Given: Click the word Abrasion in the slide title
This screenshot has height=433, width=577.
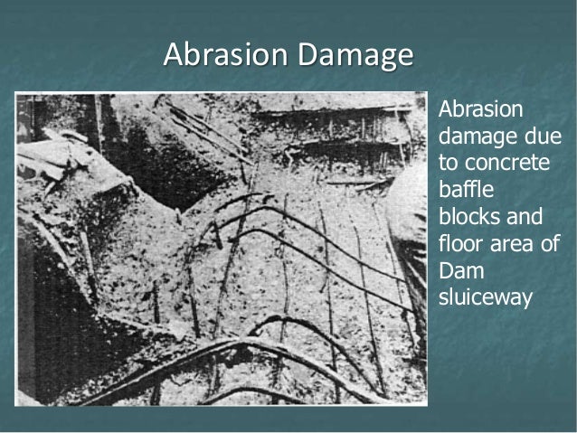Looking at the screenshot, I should point(217,57).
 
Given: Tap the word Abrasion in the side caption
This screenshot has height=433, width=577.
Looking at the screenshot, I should point(480,110).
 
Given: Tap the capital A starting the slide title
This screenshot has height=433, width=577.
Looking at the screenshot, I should point(171,56).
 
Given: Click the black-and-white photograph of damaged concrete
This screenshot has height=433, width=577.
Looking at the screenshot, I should point(221,248).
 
